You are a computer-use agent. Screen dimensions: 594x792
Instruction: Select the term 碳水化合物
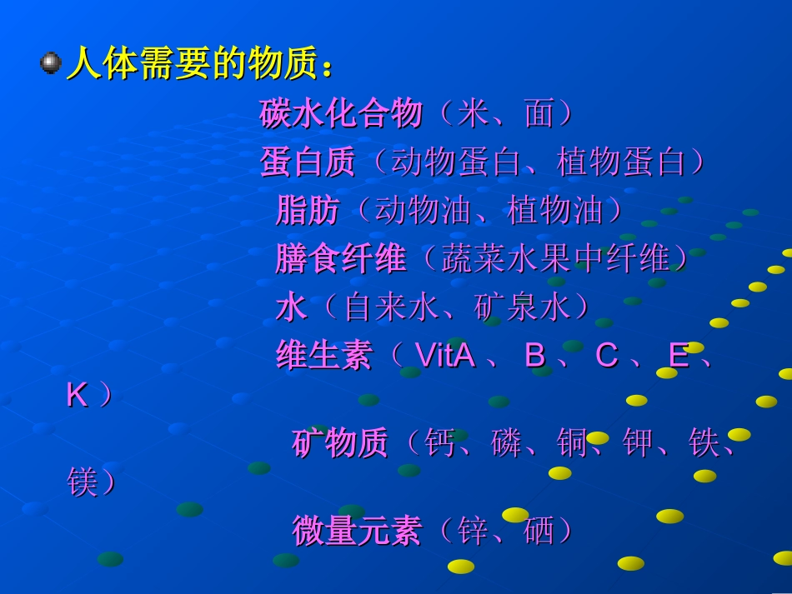tap(341, 113)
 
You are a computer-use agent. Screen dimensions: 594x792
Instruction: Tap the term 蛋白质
tap(308, 162)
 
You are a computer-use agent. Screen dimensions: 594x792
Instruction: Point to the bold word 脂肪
tap(308, 210)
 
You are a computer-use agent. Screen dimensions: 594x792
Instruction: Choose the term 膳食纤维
tap(341, 259)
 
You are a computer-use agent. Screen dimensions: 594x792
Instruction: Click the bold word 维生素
tap(324, 356)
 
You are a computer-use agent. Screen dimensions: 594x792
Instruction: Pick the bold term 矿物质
tap(340, 443)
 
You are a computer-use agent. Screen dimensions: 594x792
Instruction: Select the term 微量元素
tap(357, 531)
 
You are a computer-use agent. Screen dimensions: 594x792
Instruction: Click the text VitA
tap(445, 356)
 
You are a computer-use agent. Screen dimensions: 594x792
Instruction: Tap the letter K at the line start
tap(77, 396)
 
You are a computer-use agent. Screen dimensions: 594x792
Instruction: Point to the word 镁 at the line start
tap(83, 482)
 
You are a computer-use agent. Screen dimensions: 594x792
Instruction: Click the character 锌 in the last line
tap(473, 531)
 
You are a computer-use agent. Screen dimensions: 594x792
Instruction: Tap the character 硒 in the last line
tap(539, 531)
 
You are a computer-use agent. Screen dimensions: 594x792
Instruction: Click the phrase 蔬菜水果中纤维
tap(555, 259)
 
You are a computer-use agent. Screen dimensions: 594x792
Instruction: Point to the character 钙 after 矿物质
tap(439, 443)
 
